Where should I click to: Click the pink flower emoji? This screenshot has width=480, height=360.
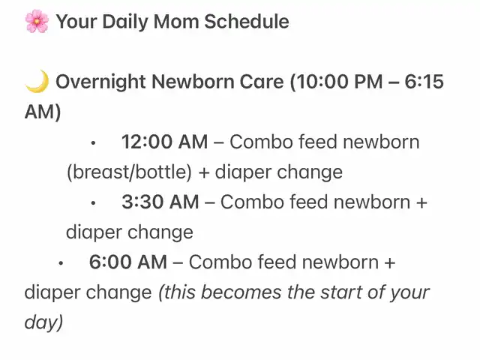click(37, 21)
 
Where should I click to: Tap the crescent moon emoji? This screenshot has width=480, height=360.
click(37, 81)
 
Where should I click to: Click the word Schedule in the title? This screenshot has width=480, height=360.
click(247, 22)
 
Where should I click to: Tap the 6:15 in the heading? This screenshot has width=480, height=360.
click(424, 82)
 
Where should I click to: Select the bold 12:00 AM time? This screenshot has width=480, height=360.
click(165, 142)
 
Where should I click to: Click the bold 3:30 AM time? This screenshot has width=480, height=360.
click(160, 202)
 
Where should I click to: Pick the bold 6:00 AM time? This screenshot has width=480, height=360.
click(128, 262)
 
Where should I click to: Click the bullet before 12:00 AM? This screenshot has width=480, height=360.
click(93, 143)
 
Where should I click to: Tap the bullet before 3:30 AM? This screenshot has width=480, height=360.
click(93, 203)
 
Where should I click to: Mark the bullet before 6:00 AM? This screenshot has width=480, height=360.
click(61, 263)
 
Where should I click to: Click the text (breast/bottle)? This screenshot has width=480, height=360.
click(129, 172)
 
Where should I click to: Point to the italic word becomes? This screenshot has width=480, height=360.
click(241, 292)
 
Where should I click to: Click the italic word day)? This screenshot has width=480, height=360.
click(43, 322)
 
